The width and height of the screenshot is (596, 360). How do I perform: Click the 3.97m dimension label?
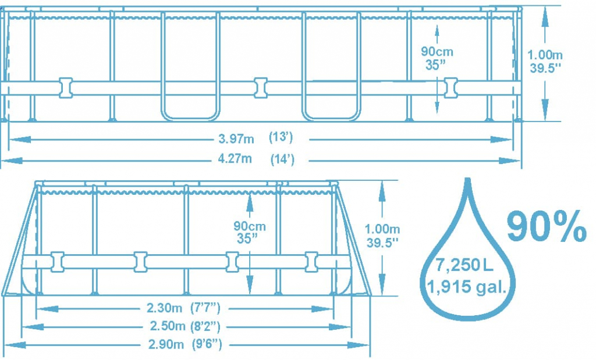point(236,139)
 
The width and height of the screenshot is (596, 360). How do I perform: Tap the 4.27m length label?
point(235,158)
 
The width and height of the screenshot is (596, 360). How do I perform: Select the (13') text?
point(281,137)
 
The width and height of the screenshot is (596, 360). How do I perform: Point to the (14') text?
point(282,159)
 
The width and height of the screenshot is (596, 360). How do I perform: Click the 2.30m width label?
point(165,308)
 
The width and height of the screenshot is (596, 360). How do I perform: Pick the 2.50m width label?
point(167,326)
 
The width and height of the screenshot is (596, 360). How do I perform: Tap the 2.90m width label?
point(166,344)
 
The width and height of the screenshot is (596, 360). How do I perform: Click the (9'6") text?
point(207,344)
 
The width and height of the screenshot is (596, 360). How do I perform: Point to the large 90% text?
point(547,226)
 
